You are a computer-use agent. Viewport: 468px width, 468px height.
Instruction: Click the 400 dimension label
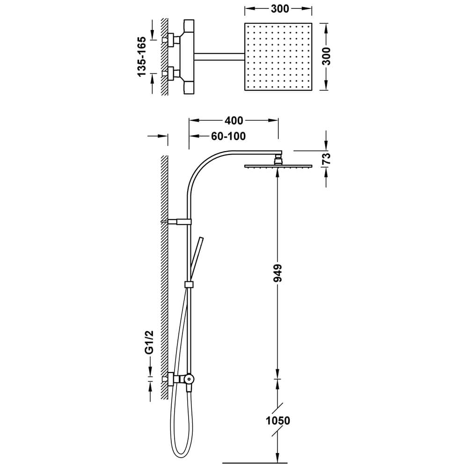pos(234,121)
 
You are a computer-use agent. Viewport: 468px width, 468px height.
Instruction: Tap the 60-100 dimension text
pos(228,136)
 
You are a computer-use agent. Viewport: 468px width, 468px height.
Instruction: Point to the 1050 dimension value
pos(278,421)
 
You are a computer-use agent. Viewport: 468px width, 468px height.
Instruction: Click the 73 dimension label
pos(327,159)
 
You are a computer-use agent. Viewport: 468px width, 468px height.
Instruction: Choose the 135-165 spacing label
pos(142,57)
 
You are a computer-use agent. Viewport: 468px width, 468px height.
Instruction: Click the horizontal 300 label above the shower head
pos(280,9)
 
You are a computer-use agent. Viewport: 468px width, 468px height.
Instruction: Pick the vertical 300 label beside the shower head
pos(327,56)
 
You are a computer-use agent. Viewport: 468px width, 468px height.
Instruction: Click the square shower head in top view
pos(278,57)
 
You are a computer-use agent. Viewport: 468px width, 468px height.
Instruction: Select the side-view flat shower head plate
pos(278,166)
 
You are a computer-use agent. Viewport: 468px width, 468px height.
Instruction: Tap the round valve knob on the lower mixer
pos(189,379)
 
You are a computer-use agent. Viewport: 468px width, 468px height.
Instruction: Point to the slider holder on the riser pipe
pos(189,285)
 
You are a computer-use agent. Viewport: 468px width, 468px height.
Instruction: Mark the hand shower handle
pos(197,259)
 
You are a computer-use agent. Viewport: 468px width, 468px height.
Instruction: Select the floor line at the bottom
pos(255,463)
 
